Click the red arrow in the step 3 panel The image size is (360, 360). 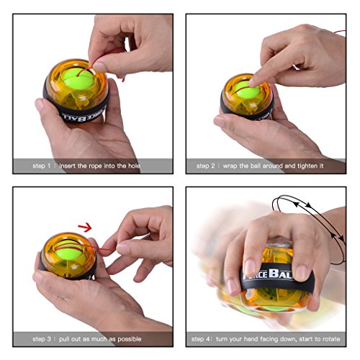coord(85,227)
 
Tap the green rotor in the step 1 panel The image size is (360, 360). coord(78,78)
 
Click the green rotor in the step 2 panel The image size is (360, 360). coord(247,90)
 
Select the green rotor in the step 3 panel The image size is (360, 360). coord(68,250)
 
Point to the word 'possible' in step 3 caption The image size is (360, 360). coord(130,339)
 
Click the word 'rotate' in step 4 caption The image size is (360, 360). coord(331,339)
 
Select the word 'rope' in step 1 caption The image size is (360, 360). coord(95,166)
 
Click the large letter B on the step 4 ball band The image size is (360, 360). coord(274,274)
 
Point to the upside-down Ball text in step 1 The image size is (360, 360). coord(73,117)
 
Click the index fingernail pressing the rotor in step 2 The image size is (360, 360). coord(252,82)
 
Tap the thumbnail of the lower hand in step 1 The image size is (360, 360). coord(40,104)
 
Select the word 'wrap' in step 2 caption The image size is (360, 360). coord(230,166)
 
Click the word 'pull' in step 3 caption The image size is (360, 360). coord(64,339)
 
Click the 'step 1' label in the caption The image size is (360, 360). coord(41,166)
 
